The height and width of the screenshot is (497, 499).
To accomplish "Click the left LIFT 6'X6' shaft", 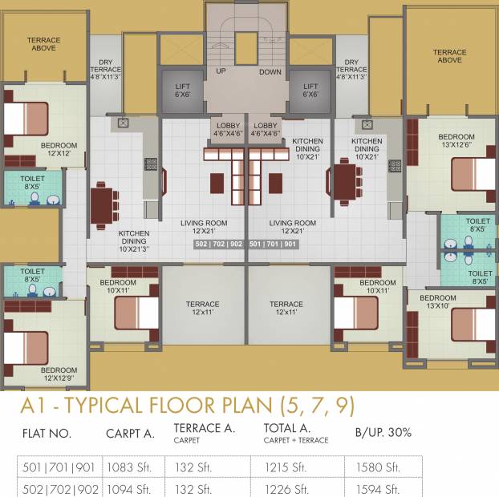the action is (182, 91).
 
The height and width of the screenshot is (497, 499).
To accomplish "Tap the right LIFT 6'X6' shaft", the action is (310, 91).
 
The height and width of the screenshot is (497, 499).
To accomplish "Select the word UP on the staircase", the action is (221, 71).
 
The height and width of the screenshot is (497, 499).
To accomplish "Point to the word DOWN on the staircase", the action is (270, 72).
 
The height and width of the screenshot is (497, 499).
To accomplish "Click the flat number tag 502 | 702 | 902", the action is (219, 244).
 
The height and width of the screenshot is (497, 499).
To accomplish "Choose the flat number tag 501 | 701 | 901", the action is (273, 244).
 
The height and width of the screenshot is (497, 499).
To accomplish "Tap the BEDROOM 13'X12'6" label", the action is (456, 140).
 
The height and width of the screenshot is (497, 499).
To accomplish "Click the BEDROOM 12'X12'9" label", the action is (59, 374).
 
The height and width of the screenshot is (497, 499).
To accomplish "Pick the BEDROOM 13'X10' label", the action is (438, 301).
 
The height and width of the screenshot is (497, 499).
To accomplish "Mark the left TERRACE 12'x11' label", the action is (202, 308).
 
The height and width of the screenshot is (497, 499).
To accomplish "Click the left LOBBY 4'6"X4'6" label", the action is (228, 129).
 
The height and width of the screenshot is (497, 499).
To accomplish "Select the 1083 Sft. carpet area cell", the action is (129, 467).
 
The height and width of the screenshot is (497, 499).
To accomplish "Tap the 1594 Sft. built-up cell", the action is (378, 489).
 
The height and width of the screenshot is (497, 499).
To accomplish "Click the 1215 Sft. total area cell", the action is (286, 467).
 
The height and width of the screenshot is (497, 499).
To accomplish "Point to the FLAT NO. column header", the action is (47, 434).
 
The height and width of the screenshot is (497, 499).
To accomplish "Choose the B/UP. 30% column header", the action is (383, 432).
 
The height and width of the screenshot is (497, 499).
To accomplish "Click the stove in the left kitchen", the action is (151, 164).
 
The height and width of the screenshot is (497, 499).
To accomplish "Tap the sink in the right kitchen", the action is (367, 124).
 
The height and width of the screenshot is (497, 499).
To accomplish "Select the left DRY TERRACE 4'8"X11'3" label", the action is (106, 70).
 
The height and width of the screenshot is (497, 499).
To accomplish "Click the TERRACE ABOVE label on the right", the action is (449, 56).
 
